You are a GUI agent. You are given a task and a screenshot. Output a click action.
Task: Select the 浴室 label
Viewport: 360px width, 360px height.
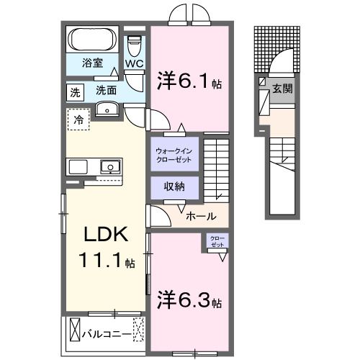pos(91,63)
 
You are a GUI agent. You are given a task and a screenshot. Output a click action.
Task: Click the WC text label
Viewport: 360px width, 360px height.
pos(135,63)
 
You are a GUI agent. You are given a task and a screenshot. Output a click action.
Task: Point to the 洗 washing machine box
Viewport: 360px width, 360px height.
pos(75,92)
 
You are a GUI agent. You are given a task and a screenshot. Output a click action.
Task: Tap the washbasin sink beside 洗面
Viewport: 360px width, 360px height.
pos(107,109)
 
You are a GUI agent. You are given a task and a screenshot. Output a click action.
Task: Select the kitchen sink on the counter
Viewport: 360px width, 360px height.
pos(110,167)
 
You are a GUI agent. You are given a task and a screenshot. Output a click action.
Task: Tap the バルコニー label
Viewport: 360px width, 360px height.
pos(106,334)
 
